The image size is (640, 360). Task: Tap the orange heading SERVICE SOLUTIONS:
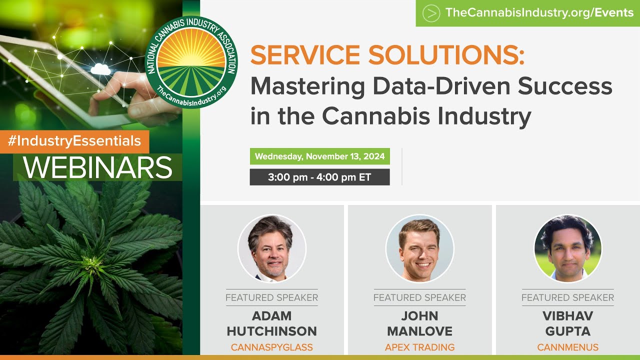387,55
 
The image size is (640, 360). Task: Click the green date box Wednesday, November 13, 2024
319,156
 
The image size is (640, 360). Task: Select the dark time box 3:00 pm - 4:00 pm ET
319,177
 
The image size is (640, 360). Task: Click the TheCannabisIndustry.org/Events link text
539,13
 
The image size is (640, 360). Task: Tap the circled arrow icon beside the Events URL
431,13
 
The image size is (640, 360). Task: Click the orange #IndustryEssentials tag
74,141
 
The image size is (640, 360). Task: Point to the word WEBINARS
97,168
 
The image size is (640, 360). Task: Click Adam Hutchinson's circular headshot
271,248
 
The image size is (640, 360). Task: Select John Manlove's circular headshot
419,248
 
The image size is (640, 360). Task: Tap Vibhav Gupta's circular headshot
567,248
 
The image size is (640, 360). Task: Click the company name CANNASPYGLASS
271,347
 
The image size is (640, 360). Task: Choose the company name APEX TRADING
419,347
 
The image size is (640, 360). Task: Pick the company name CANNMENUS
567,347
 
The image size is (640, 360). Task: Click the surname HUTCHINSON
271,331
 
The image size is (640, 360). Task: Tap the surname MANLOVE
419,331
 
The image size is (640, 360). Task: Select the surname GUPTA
567,331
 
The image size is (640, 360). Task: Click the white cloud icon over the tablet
100,69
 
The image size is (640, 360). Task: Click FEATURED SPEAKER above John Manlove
419,297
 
